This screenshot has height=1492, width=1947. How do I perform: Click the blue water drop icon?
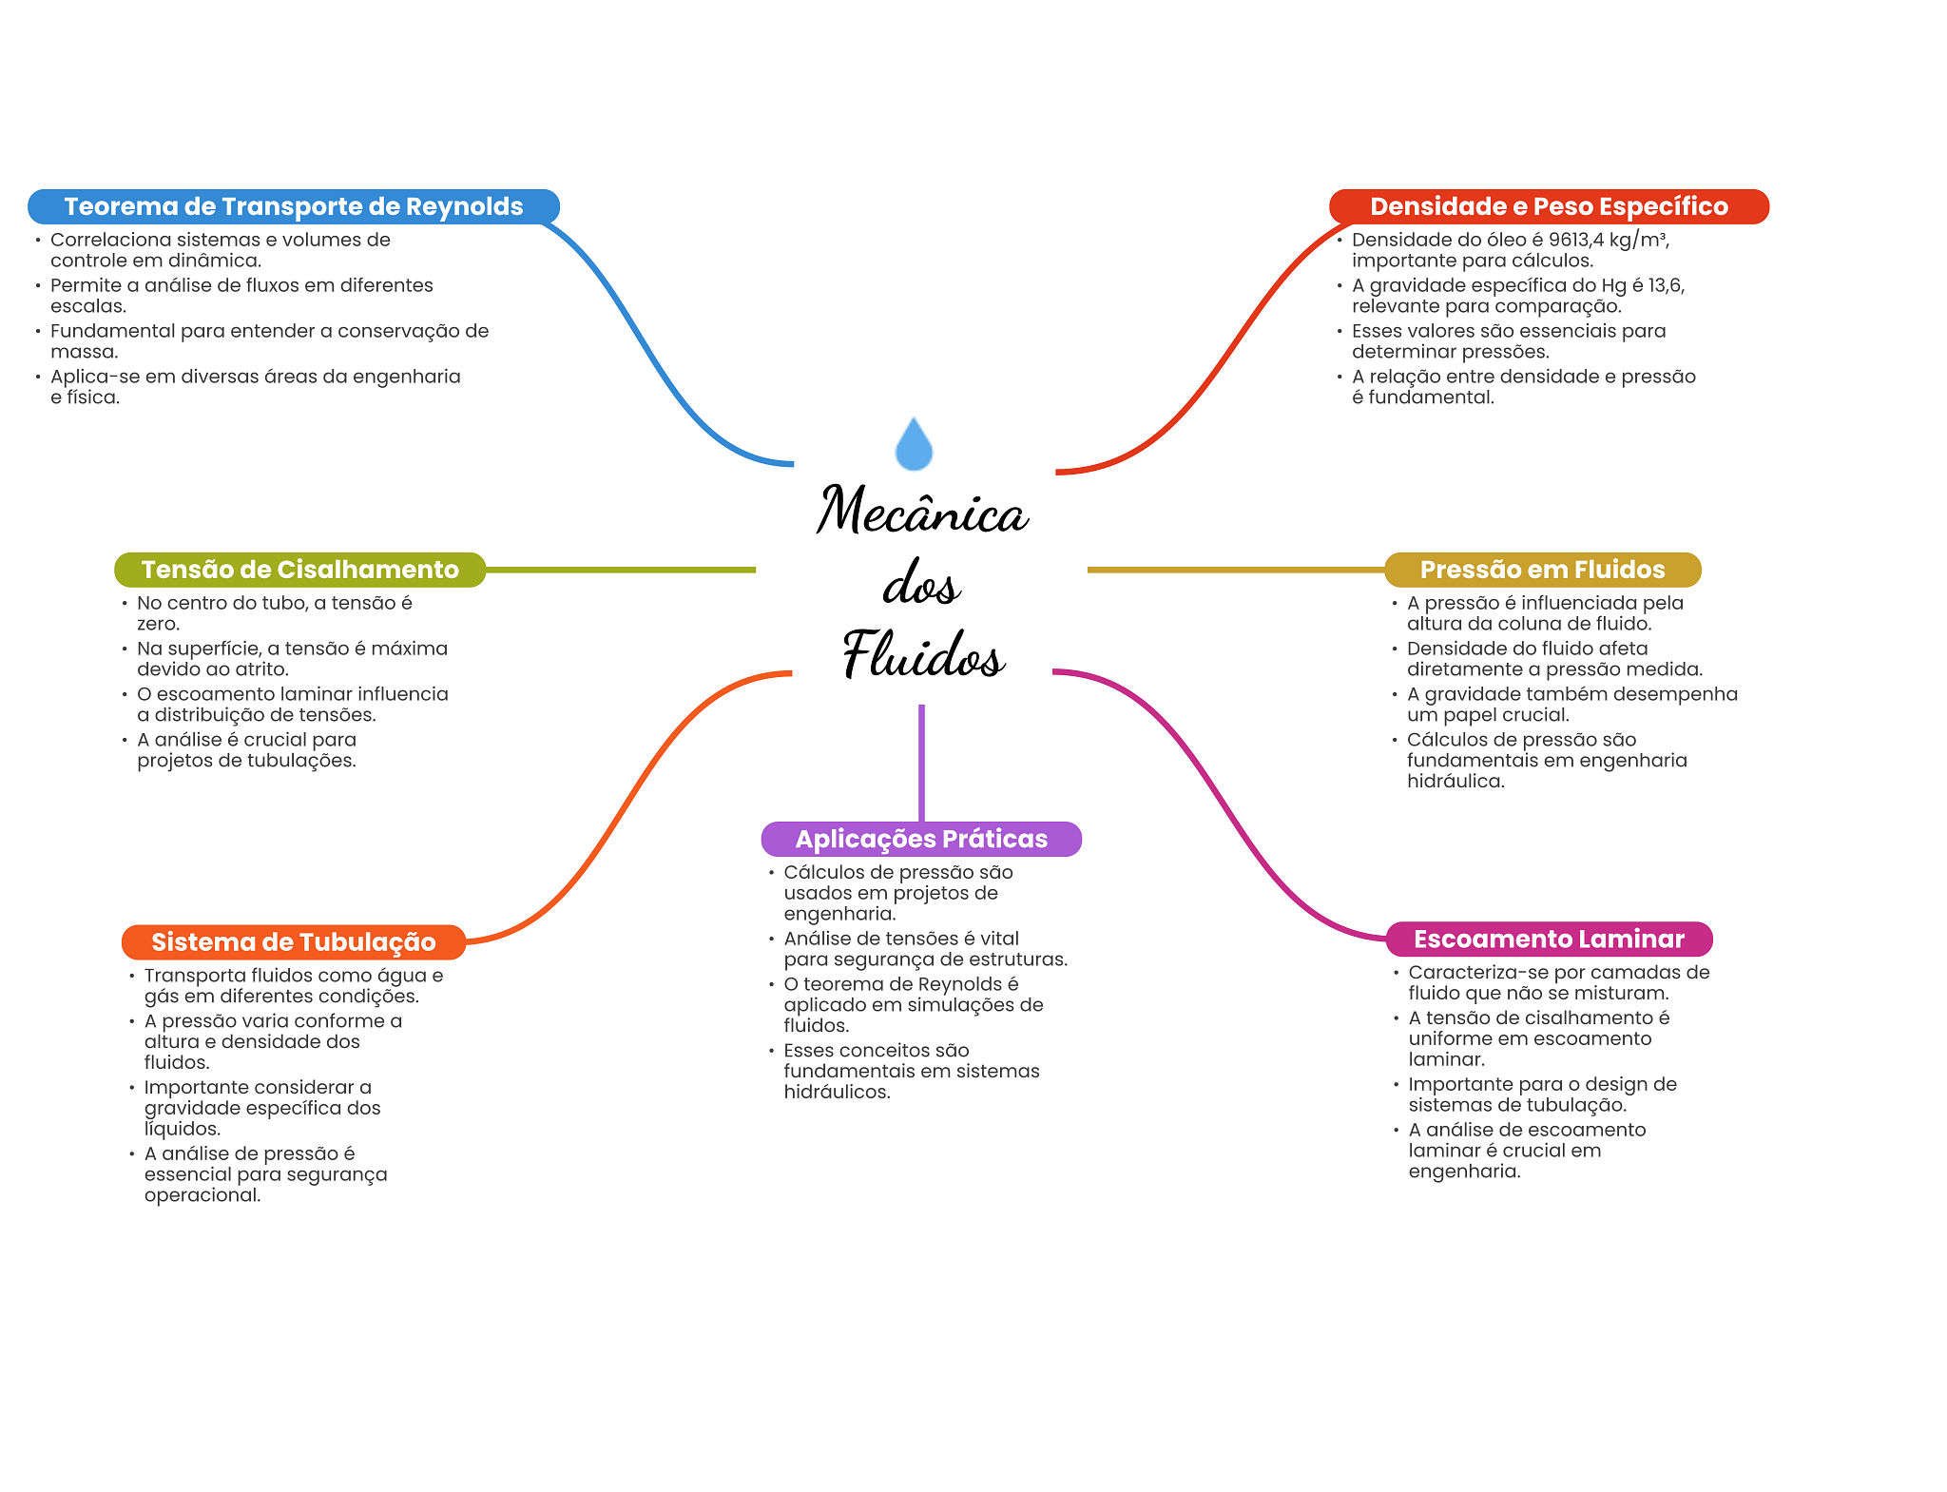click(914, 443)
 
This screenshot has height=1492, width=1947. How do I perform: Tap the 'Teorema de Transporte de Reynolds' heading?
click(294, 206)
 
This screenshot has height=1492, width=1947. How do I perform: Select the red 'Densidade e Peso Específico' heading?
click(1549, 206)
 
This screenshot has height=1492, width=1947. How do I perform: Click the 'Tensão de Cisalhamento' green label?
click(300, 570)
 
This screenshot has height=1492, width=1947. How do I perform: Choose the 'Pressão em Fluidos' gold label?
click(1542, 570)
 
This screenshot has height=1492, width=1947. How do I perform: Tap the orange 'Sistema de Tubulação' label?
click(294, 942)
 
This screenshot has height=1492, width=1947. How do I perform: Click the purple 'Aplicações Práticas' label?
click(921, 839)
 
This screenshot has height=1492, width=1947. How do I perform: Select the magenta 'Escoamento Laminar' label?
click(1549, 940)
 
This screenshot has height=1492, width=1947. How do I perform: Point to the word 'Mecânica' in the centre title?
click(922, 510)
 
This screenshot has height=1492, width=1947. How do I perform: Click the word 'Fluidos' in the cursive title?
click(923, 654)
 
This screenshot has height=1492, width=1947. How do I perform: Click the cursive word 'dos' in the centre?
click(921, 582)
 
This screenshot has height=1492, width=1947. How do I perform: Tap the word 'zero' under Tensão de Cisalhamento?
click(156, 624)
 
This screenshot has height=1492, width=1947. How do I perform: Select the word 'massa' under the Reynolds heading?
click(82, 352)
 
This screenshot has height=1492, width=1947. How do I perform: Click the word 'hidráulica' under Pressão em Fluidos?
click(1454, 782)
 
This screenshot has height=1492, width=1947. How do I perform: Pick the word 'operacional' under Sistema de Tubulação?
click(201, 1195)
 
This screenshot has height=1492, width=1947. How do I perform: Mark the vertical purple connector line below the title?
click(921, 763)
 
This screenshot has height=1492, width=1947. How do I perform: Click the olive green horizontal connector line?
click(621, 570)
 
